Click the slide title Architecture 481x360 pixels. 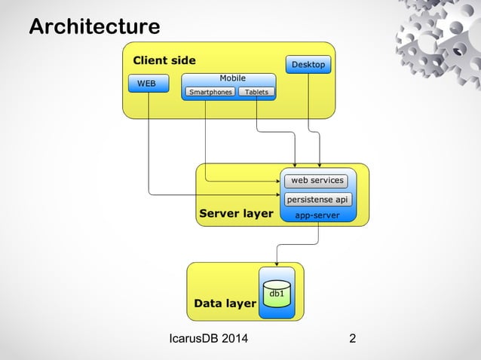(94, 27)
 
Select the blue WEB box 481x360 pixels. (147, 84)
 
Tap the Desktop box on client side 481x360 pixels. (308, 65)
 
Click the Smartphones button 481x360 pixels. (210, 93)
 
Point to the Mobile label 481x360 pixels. (232, 78)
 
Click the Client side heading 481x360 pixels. (164, 60)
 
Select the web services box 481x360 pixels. (317, 181)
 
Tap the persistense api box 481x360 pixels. (317, 200)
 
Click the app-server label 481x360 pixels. (317, 215)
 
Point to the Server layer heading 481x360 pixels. (236, 214)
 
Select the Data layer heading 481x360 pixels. (225, 304)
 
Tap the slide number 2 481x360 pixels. (353, 338)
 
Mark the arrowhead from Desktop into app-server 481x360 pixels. (320, 164)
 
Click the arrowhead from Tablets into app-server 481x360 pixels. (295, 164)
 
